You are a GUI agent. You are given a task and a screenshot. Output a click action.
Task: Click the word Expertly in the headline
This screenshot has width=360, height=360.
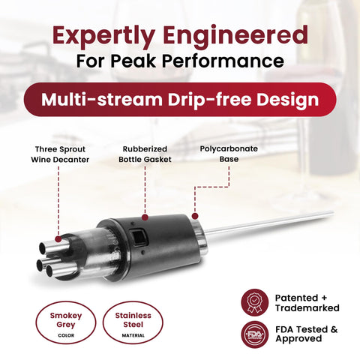103,37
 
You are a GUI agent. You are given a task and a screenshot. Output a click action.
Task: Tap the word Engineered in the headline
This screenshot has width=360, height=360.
236,37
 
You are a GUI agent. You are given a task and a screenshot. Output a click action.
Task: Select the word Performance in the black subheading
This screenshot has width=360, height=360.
223,61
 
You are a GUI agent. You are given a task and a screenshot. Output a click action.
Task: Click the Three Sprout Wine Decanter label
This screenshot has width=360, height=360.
60,154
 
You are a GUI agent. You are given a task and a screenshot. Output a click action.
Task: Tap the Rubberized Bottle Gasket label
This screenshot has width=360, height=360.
145,154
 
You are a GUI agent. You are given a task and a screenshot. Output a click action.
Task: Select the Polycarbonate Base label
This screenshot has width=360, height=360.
229,154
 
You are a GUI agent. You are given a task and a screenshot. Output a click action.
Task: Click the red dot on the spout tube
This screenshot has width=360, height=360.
58,239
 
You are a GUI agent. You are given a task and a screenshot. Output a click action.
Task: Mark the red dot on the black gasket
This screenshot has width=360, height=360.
145,217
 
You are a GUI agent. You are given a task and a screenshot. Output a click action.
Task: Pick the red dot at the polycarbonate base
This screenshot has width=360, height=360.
195,216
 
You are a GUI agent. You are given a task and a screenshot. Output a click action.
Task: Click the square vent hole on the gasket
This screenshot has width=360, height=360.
137,237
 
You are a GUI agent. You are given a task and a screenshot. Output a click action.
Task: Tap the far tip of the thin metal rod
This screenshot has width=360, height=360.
333,212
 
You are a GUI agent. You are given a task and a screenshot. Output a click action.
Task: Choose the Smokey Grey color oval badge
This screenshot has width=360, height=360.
66,322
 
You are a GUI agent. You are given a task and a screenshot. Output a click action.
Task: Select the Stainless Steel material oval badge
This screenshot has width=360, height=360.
133,322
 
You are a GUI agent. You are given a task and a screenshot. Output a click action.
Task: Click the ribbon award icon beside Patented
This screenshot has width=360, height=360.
255,302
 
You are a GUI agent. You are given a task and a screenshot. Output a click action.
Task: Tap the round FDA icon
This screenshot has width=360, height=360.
255,334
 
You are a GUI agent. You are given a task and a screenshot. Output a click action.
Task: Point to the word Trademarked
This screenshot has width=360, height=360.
307,307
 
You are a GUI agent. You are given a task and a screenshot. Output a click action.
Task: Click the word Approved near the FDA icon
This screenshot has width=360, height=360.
298,339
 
